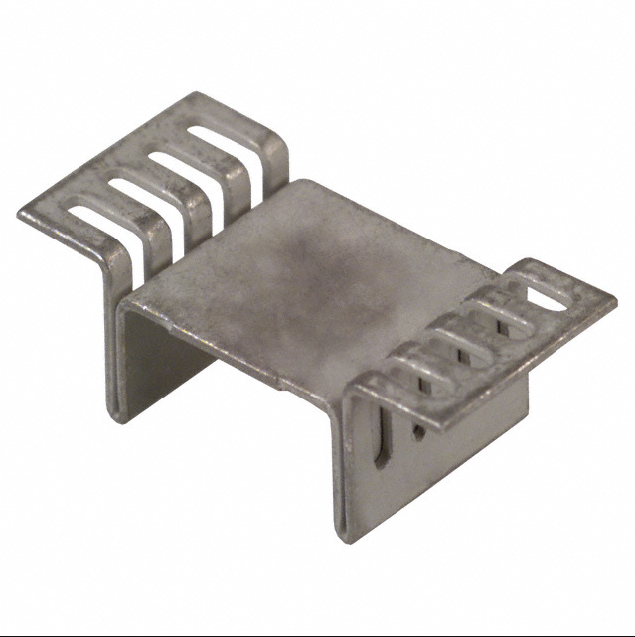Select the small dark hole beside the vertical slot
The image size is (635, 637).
pos(418,433)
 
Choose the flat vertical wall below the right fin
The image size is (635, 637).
pos(467,437)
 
